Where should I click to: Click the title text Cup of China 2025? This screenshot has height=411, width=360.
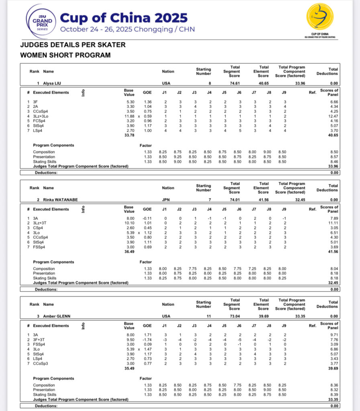124,18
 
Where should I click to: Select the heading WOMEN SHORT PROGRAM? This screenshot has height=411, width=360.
65,55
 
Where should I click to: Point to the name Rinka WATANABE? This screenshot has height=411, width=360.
60,199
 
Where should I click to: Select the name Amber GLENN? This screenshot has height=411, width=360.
57,316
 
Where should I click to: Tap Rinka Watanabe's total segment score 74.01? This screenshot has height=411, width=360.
235,199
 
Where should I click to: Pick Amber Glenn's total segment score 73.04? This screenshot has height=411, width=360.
235,316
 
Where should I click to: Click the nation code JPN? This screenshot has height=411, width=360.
166,199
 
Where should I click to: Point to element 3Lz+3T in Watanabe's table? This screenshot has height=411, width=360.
39,223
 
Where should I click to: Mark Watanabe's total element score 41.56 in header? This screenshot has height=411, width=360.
263,199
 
